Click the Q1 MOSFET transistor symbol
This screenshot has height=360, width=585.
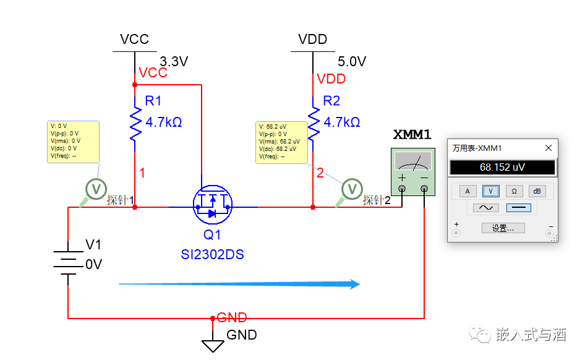click(x=212, y=207)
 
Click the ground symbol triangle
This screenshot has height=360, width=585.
click(x=213, y=345)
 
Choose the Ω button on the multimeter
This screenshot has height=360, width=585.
click(x=514, y=191)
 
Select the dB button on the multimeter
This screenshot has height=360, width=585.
click(x=537, y=191)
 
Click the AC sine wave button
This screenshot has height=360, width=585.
click(x=486, y=208)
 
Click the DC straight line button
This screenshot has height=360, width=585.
click(x=518, y=208)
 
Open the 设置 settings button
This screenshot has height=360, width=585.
click(x=503, y=228)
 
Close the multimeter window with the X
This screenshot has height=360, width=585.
click(x=548, y=148)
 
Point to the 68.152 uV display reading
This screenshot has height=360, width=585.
click(x=502, y=168)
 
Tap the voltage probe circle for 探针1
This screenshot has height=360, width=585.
click(x=96, y=189)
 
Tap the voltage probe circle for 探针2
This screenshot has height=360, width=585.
click(x=352, y=189)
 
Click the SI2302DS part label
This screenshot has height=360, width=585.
click(x=212, y=254)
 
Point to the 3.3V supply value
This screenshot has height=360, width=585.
click(x=173, y=62)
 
